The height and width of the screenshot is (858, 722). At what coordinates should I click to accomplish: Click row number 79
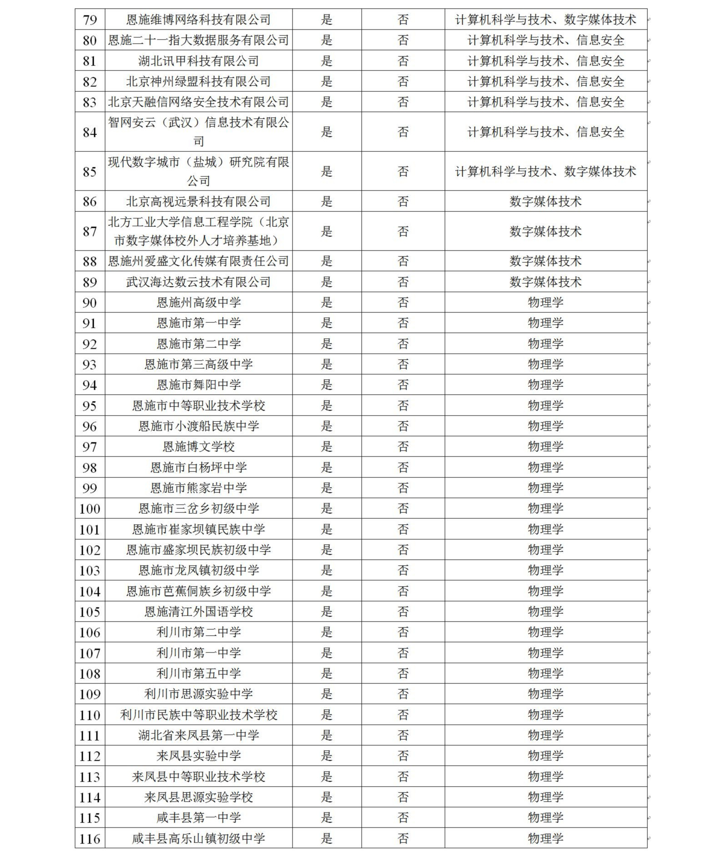coord(90,20)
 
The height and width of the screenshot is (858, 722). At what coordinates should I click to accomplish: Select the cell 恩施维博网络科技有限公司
coord(198,20)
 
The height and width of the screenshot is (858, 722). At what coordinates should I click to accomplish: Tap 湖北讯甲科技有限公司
coord(198,61)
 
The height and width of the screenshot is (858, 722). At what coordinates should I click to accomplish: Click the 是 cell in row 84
coord(327,132)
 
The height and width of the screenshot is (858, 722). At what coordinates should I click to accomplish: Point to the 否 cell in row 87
coord(403,231)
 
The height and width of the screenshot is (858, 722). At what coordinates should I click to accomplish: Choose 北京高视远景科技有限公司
coord(198,201)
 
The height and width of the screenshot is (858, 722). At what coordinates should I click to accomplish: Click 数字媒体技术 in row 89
coord(545,282)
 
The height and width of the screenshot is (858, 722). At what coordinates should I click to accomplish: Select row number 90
coord(90,303)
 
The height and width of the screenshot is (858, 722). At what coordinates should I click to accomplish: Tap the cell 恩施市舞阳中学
coord(198,385)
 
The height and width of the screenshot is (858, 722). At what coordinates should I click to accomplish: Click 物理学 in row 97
coord(545,447)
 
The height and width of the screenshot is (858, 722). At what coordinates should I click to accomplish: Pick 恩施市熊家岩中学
coord(198,488)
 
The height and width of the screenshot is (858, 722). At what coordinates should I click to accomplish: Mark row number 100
coord(90,508)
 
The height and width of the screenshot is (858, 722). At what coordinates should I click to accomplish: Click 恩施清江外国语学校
coord(198,612)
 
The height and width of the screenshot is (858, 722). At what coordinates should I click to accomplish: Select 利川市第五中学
coord(198,673)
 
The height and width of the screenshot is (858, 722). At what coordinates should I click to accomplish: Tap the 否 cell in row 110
coord(403,715)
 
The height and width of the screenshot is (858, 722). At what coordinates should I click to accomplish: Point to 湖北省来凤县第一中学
coord(198,735)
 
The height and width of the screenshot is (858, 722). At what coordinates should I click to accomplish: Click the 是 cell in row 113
coord(327,777)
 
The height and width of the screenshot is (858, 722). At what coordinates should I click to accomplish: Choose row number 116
coord(90,838)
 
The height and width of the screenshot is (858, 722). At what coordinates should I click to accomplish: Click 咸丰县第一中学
coord(198,818)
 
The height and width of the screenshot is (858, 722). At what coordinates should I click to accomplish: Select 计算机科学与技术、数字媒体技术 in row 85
coord(545,171)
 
